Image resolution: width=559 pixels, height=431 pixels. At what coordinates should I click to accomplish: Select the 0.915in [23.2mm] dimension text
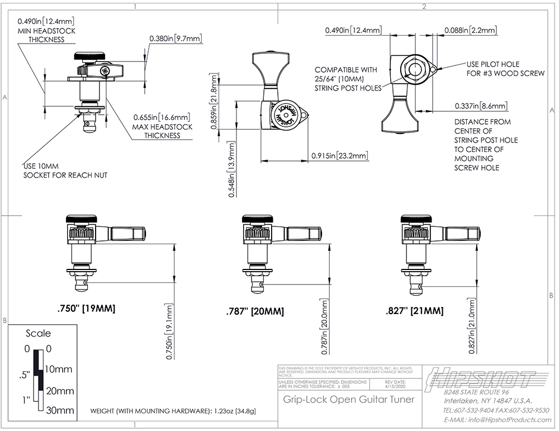339,155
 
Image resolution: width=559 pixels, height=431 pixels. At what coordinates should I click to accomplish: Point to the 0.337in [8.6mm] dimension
481,106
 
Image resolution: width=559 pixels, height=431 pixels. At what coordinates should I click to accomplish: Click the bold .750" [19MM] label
86,309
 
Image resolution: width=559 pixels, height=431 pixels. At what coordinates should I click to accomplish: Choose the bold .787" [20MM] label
255,311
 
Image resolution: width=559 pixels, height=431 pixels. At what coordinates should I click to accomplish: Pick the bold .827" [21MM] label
415,311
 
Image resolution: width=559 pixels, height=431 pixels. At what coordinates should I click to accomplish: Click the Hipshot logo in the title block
482,380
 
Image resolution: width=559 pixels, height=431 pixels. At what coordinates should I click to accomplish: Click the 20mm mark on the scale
59,390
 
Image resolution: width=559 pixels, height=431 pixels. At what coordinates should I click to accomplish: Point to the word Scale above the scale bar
38,333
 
